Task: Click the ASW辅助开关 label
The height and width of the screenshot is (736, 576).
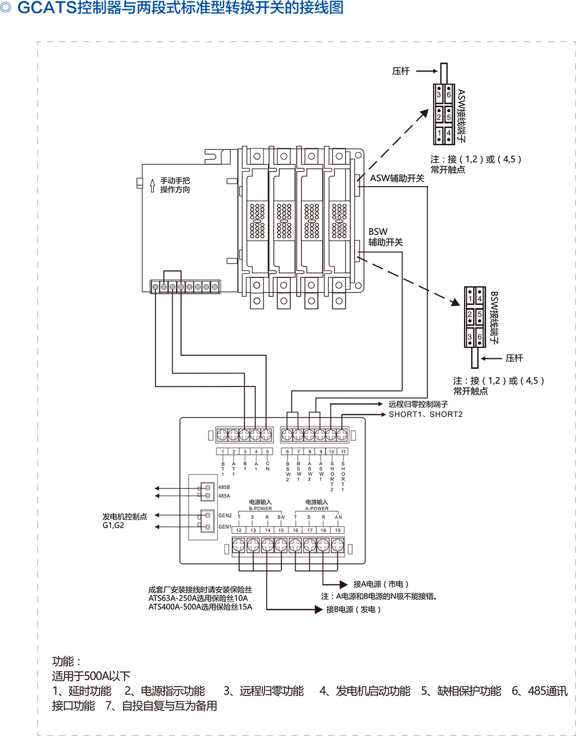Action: click(x=397, y=178)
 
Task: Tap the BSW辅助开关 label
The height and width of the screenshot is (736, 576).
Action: click(x=385, y=237)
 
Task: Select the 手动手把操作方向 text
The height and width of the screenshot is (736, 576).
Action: click(x=175, y=185)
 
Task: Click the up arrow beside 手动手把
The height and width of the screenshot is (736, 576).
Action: click(x=153, y=186)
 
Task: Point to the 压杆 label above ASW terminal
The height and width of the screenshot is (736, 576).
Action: click(x=400, y=71)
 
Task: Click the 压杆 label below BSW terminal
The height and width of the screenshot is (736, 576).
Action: click(x=514, y=358)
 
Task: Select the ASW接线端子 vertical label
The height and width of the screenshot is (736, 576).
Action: click(x=461, y=116)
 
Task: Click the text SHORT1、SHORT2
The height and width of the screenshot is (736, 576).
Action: click(x=425, y=414)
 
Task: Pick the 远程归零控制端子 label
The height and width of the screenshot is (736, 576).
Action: click(x=418, y=404)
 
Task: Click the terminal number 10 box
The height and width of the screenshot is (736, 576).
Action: click(x=331, y=452)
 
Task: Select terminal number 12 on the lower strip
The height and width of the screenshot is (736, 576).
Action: click(x=239, y=530)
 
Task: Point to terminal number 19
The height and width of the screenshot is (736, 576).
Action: click(x=337, y=530)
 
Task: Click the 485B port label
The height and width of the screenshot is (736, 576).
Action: click(x=224, y=487)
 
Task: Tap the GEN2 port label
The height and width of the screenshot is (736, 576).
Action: click(x=225, y=516)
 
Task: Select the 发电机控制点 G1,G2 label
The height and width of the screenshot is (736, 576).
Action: click(x=124, y=521)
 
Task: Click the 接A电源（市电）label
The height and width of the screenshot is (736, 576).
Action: click(x=380, y=584)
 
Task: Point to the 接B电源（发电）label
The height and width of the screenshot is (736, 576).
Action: click(x=353, y=610)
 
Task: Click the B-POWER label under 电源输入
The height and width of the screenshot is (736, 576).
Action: click(x=260, y=509)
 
